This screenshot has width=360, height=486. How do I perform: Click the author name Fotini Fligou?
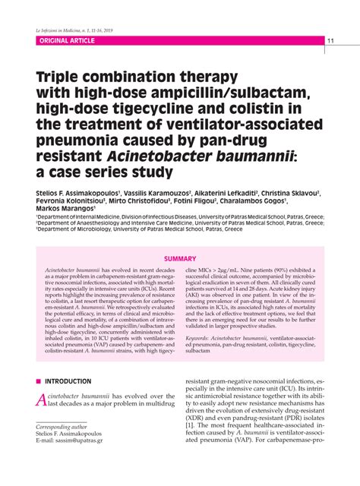[x=187, y=201]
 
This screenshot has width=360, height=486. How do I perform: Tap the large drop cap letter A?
[x=42, y=401]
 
